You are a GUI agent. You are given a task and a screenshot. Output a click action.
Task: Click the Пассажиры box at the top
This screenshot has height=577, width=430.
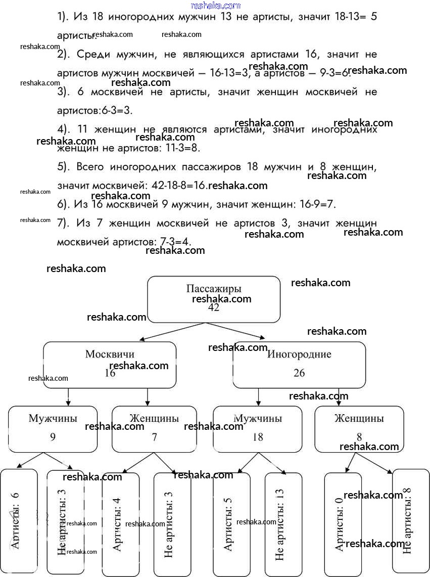213,299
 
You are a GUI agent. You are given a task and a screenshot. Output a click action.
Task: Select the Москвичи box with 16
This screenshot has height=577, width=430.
110,365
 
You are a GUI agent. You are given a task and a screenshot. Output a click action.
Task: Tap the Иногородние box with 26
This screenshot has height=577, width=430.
299,365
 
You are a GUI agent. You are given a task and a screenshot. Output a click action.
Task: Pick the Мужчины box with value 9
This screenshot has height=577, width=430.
53,429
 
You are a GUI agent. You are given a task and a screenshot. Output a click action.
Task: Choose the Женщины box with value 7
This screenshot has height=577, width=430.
154,429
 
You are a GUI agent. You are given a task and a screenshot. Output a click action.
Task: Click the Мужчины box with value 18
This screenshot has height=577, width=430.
257,429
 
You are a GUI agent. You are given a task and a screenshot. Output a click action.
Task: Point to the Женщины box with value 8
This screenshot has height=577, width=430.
359,429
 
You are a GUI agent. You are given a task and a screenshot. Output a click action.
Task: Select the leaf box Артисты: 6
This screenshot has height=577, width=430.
19,521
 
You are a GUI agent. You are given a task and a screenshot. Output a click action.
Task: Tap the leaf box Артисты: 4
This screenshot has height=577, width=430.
120,523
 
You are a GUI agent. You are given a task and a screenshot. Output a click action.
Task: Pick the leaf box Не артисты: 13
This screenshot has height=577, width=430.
283,523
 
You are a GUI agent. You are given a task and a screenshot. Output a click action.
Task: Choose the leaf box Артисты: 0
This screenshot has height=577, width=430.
343,523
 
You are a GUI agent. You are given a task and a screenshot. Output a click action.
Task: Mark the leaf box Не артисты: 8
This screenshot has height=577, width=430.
410,521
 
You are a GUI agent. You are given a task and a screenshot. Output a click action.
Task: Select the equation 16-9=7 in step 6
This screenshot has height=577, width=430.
313,204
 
